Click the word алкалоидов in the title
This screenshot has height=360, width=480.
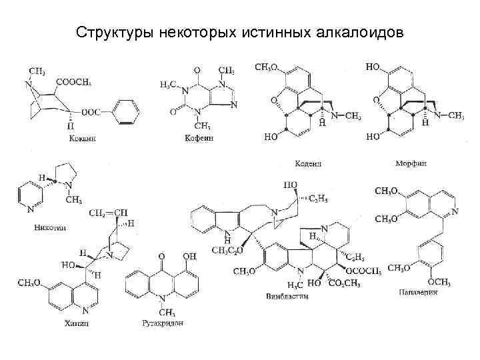[x=359, y=32]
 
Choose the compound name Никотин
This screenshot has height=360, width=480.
[x=50, y=227]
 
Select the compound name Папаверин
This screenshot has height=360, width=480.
[x=419, y=294]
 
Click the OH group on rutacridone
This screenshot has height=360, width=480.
[x=189, y=256]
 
